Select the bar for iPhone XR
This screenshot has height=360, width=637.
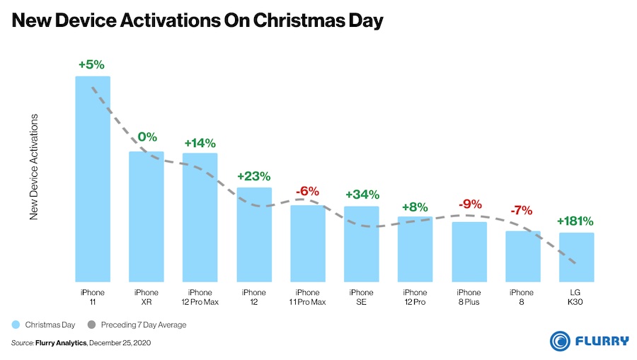[147, 216]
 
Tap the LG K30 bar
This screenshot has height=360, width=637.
[577, 256]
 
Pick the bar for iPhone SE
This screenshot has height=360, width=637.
[362, 243]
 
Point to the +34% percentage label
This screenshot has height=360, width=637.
[362, 194]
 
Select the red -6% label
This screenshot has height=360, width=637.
[307, 191]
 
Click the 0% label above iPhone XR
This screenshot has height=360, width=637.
[147, 137]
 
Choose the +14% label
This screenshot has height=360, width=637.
[200, 142]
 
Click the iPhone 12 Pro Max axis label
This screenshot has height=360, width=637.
[200, 297]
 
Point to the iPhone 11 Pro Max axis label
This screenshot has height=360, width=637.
[307, 297]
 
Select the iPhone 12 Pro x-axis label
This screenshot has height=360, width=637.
[415, 297]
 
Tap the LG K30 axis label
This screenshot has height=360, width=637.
[576, 297]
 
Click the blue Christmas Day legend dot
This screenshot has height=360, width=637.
[16, 325]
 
